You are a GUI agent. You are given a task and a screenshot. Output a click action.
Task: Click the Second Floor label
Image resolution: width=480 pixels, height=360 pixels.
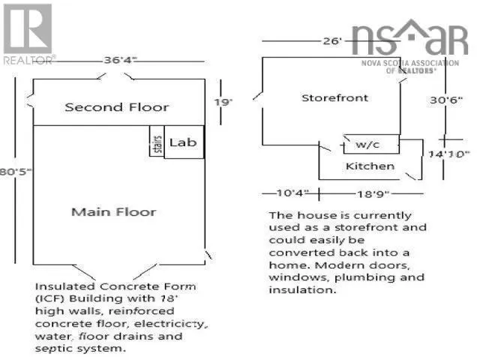point(117,107)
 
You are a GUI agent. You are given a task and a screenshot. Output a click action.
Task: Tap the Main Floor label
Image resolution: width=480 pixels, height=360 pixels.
point(114,211)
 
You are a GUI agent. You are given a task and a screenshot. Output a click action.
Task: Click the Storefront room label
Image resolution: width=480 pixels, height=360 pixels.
point(335,98)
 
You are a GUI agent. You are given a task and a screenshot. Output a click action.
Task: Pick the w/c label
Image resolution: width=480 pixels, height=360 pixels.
point(367,144)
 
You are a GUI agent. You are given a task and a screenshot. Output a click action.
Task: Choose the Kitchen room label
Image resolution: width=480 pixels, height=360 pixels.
point(370,165)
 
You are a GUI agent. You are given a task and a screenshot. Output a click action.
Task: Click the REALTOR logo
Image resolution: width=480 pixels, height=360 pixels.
point(28,34)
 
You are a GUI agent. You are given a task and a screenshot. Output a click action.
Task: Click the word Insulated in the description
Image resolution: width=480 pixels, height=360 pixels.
point(63,286)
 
